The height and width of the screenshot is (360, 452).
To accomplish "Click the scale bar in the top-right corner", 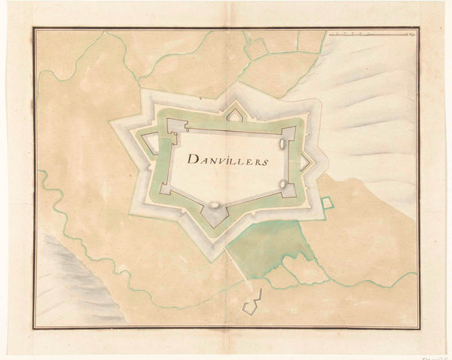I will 372,34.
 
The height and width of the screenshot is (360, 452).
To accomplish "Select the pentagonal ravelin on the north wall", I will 234,115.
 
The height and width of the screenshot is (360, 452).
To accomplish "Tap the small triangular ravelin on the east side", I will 305,161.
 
